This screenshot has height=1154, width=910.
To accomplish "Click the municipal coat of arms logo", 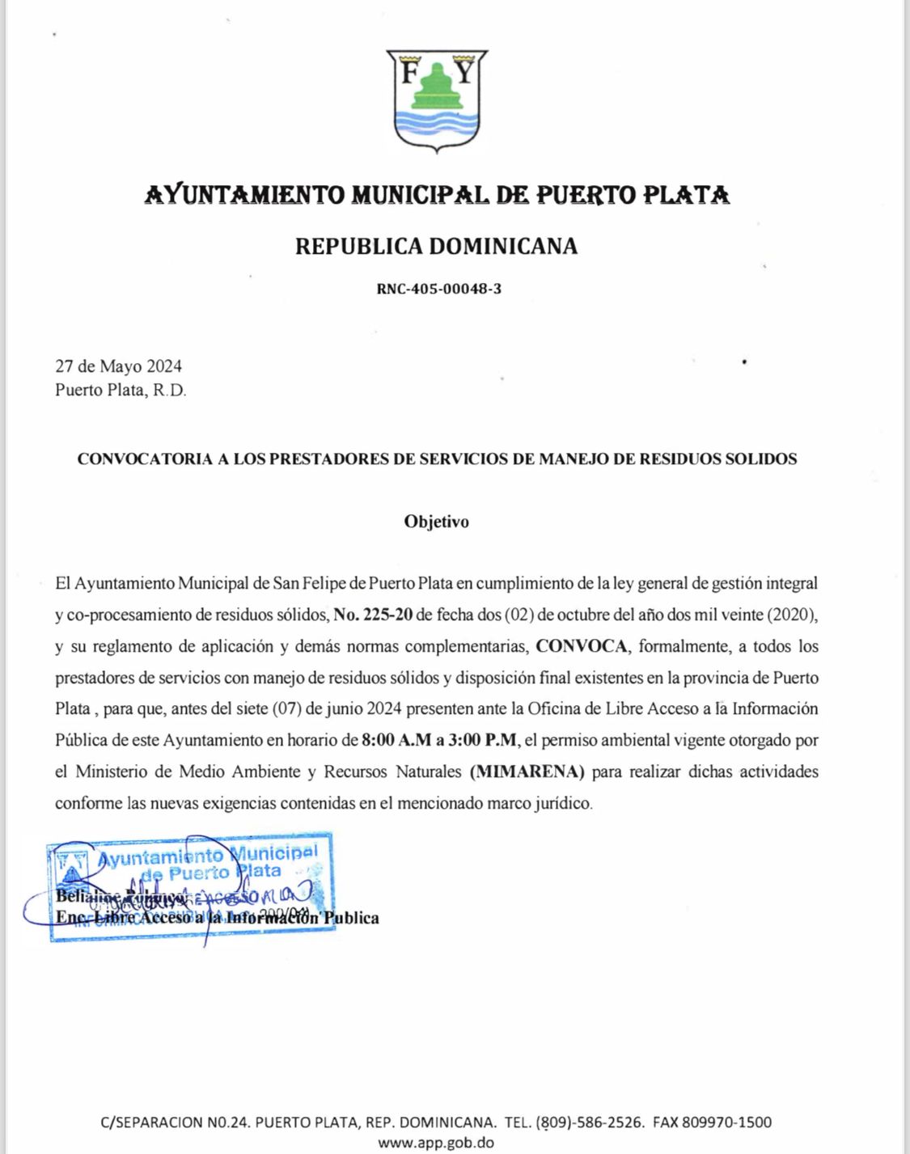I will pyautogui.click(x=437, y=101).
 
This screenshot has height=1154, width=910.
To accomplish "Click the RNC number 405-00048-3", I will pyautogui.click(x=438, y=289).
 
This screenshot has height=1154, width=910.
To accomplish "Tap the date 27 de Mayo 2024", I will pyautogui.click(x=118, y=366).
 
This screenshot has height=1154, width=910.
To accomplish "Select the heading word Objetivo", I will pyautogui.click(x=436, y=522).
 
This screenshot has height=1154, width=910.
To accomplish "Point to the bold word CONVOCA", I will pyautogui.click(x=582, y=646).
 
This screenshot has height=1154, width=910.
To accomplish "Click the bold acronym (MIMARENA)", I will pyautogui.click(x=527, y=771).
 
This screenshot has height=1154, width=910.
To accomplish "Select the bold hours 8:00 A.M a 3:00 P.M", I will pyautogui.click(x=440, y=740).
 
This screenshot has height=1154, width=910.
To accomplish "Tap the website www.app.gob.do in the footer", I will pyautogui.click(x=436, y=1143).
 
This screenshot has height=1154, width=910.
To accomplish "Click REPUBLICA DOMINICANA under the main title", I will pyautogui.click(x=436, y=246).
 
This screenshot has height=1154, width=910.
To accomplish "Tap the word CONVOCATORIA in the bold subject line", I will pyautogui.click(x=142, y=459).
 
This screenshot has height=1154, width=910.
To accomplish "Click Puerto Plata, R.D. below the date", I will pyautogui.click(x=121, y=390).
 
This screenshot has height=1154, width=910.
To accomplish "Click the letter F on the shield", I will pyautogui.click(x=409, y=74).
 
